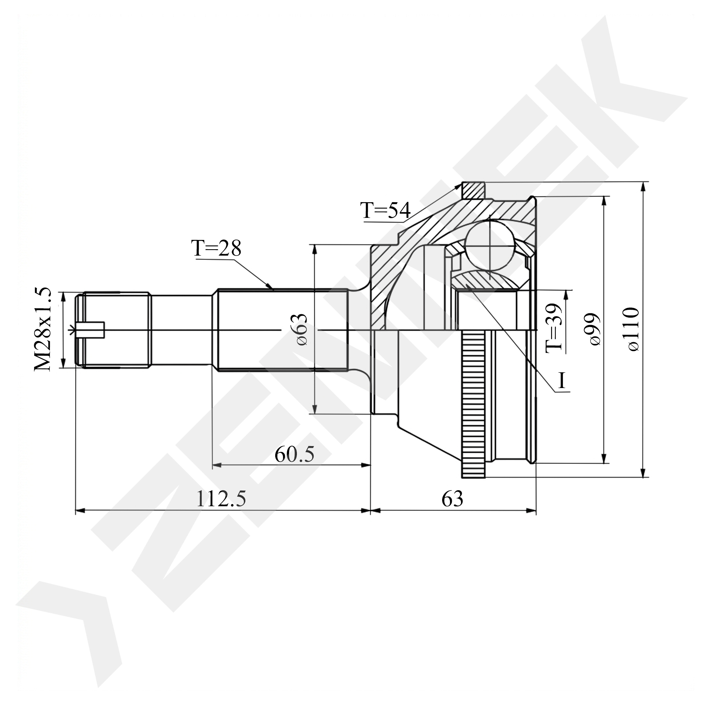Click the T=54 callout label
(x=386, y=211)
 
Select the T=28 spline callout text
(x=216, y=248)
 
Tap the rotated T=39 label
(x=554, y=328)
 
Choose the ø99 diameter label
(x=595, y=329)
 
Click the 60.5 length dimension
(x=294, y=454)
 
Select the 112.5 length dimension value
(x=221, y=499)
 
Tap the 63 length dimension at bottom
(x=452, y=499)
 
